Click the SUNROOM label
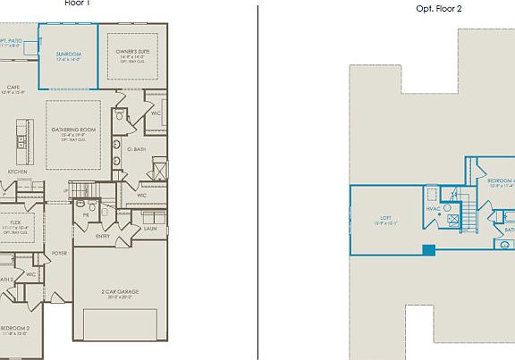coord(68,54)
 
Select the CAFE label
coord(13,87)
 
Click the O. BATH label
coord(136,149)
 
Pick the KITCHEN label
coord(17,172)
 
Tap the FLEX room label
coord(16,222)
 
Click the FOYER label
coord(59,253)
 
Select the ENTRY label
coord(103,236)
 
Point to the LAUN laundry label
coord(149,229)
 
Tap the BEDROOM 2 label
coord(15,328)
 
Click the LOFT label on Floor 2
coord(385,218)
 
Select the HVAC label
coord(433,209)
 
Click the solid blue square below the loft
coord(429,249)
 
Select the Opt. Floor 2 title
coord(439,8)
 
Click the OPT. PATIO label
coord(13,41)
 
